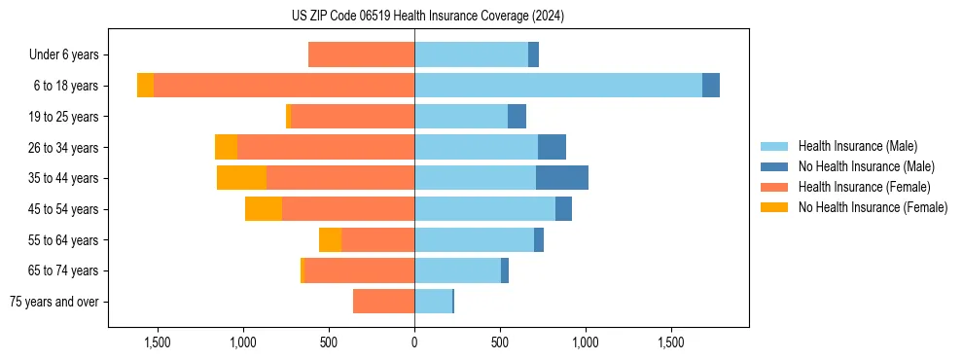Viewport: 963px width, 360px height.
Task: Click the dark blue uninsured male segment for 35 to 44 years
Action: (x=561, y=178)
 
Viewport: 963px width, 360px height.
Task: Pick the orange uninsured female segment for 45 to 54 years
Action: (x=264, y=209)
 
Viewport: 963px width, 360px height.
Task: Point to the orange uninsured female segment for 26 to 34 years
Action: (x=226, y=147)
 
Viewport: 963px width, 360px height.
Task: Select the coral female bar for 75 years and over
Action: (x=383, y=302)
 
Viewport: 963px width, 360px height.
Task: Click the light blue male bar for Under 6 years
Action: (x=471, y=54)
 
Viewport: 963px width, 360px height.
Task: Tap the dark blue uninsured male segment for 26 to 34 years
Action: (x=552, y=147)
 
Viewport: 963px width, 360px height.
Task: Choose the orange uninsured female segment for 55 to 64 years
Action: (x=330, y=239)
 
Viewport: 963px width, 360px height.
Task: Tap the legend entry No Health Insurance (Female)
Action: (x=873, y=207)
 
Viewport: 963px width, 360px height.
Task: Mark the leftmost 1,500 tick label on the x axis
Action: (x=158, y=342)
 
